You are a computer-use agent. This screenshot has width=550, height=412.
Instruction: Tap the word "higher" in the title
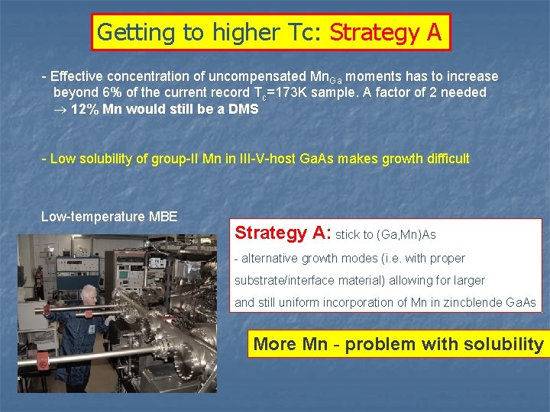click(250, 32)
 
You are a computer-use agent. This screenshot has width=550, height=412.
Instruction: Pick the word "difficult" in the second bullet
click(443, 159)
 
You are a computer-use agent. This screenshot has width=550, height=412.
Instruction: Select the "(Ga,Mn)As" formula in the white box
click(407, 234)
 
